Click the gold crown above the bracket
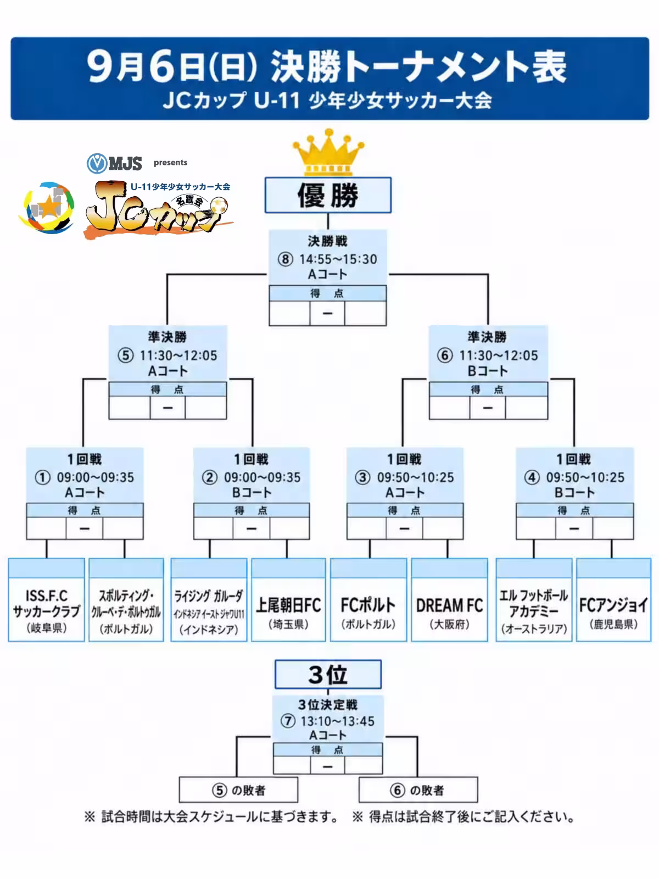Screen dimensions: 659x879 tap(328, 152)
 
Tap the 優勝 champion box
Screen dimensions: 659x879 tap(328, 195)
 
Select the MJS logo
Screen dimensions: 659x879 tap(114, 163)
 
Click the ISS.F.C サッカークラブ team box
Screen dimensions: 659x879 tap(47, 600)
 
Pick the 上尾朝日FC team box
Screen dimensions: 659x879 tap(288, 600)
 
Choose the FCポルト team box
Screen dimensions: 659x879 tap(368, 600)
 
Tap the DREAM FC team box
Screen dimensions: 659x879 tap(449, 600)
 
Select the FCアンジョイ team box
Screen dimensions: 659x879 tap(614, 600)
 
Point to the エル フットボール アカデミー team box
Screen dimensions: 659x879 tap(534, 600)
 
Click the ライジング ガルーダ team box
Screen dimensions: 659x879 tap(209, 600)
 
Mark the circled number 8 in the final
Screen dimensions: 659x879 tap(286, 259)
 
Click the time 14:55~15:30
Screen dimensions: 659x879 tap(338, 259)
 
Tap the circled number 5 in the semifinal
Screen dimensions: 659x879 tap(125, 355)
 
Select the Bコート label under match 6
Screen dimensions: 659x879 tap(488, 371)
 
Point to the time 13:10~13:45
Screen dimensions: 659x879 tap(338, 721)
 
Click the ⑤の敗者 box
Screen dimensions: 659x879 tap(238, 789)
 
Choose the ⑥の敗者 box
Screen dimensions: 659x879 tap(418, 789)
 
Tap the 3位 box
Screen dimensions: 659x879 tap(328, 675)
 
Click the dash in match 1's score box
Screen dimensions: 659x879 tap(85, 528)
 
